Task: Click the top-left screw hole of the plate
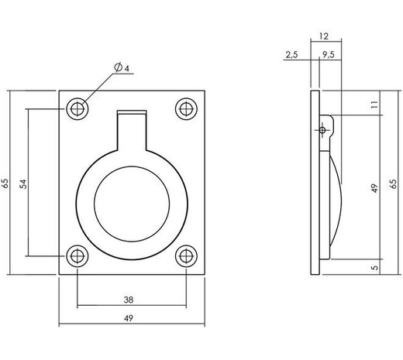77,108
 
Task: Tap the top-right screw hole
185,108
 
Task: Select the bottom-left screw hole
77,256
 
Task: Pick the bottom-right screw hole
185,256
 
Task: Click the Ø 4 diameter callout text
120,70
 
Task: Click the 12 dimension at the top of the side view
324,36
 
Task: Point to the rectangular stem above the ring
131,126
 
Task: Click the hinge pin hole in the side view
322,130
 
